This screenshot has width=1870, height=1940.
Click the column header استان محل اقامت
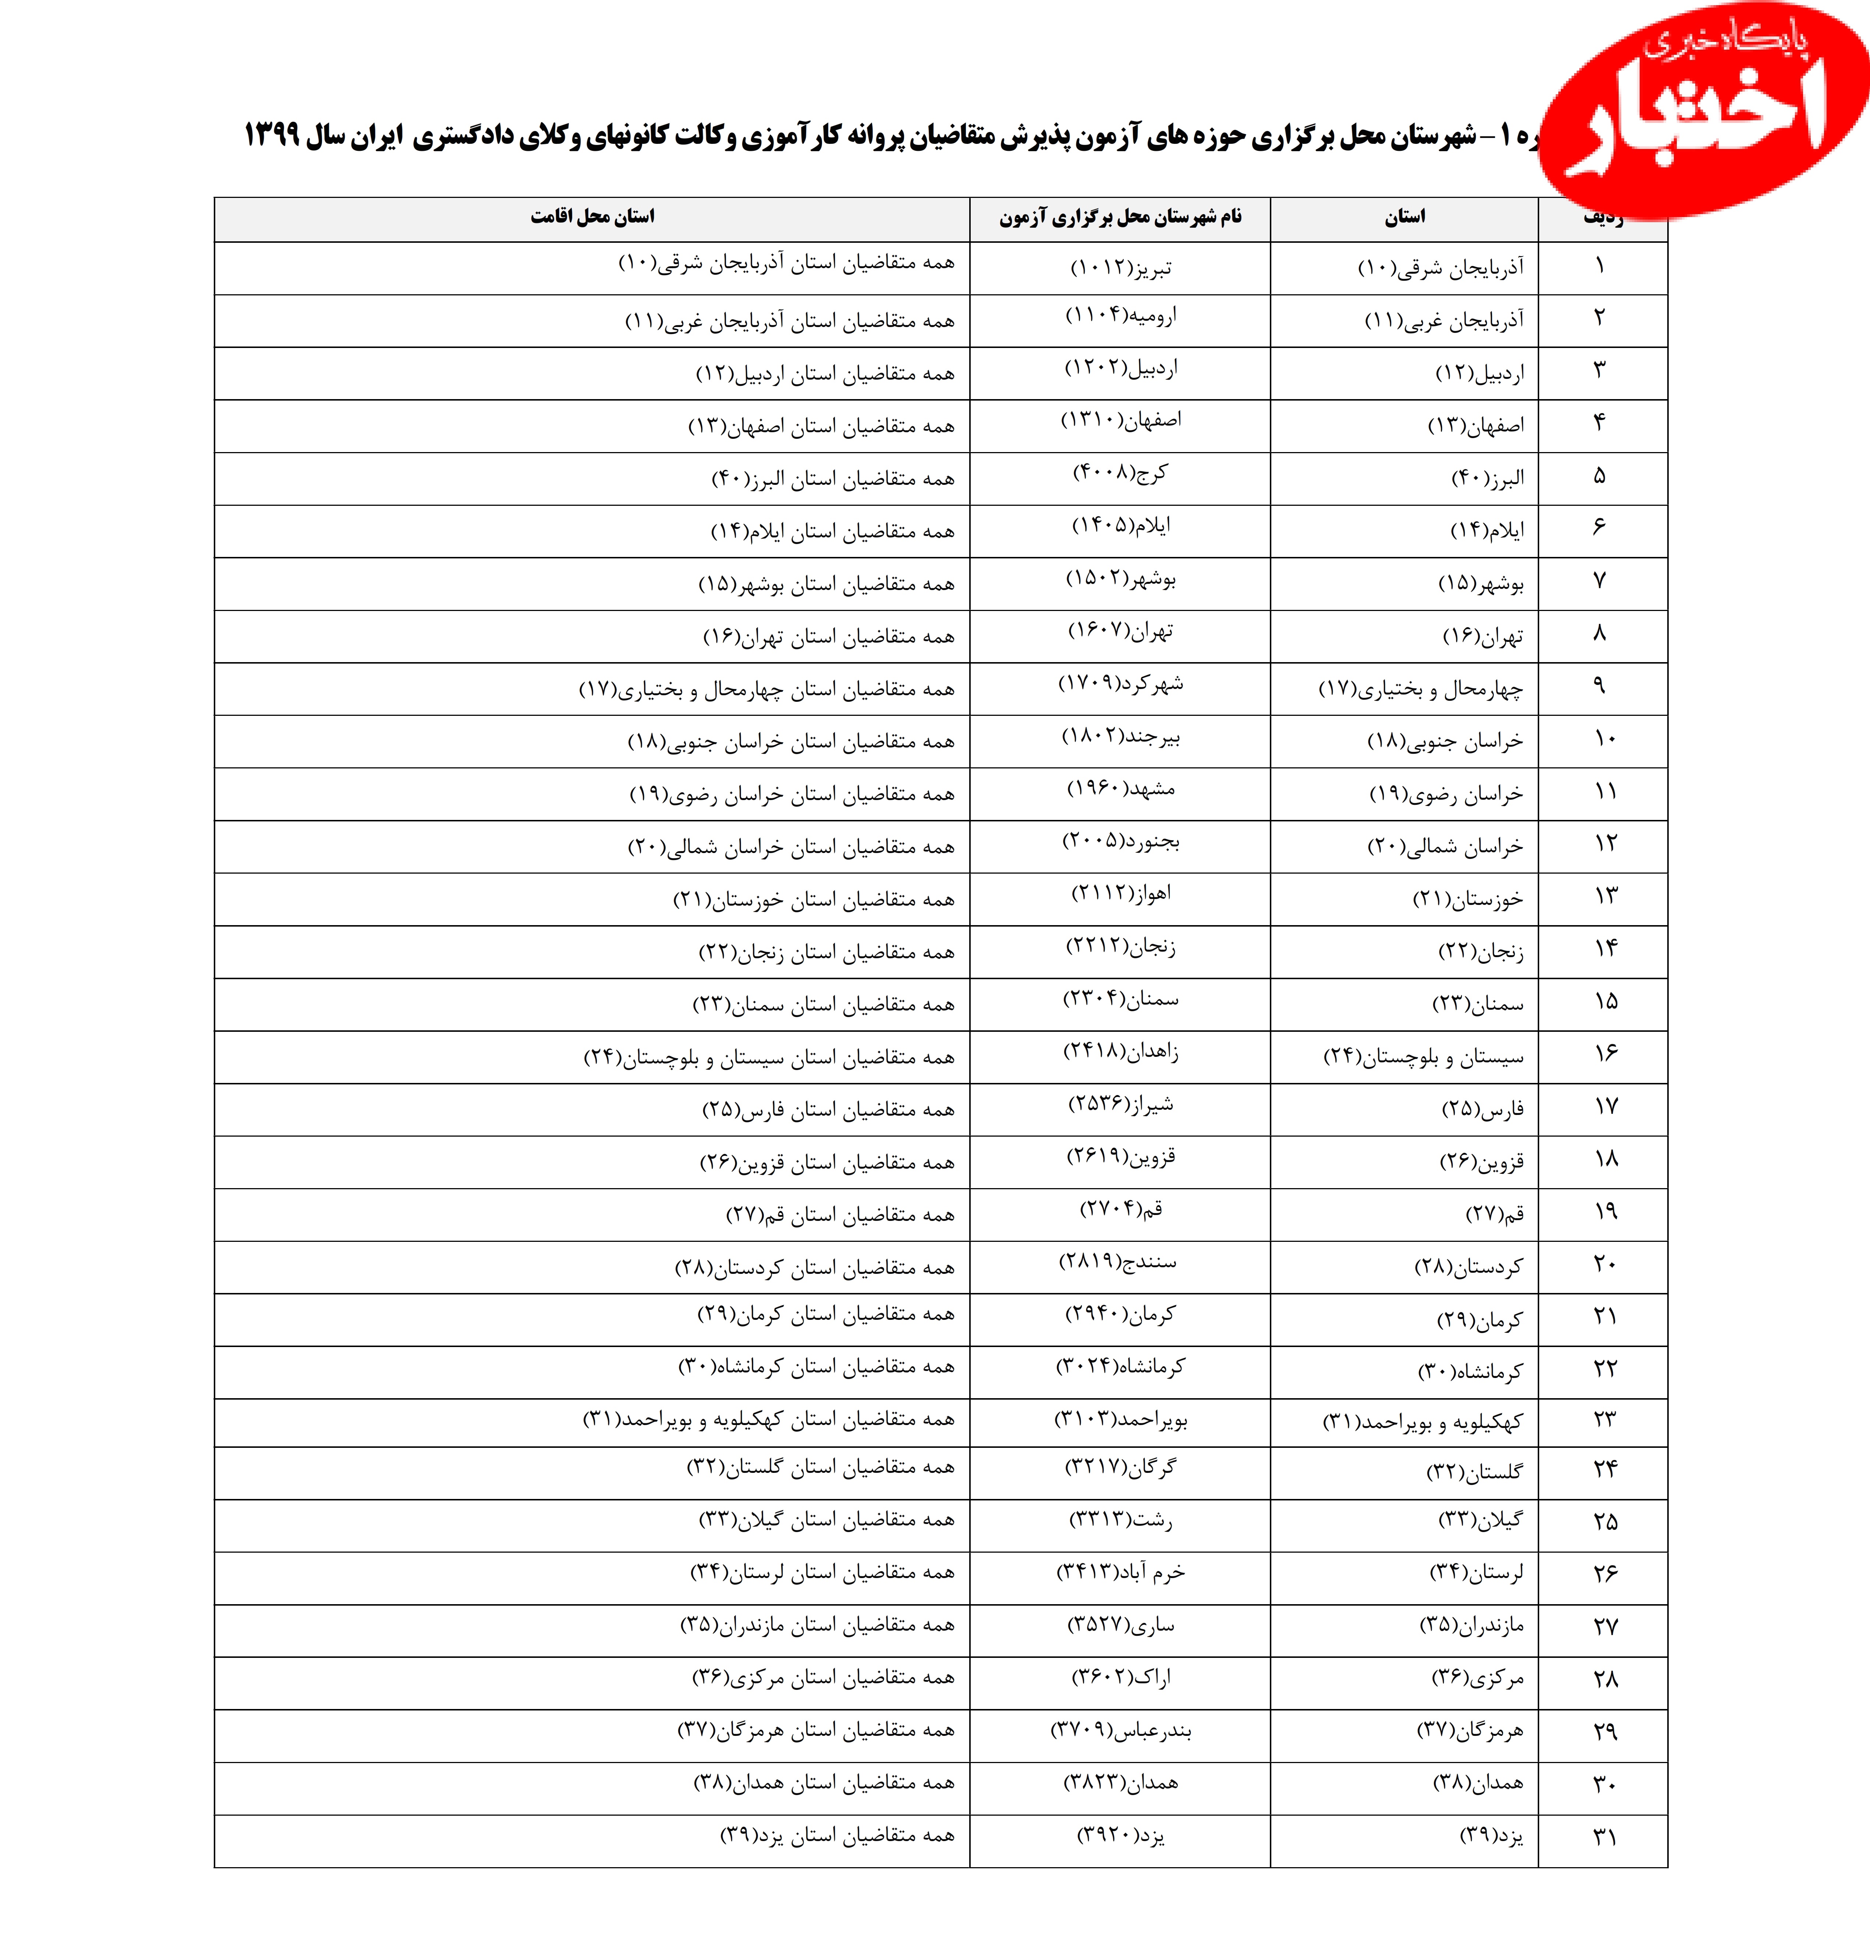[592, 217]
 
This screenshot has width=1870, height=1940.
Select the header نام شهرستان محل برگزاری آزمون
[1120, 217]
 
